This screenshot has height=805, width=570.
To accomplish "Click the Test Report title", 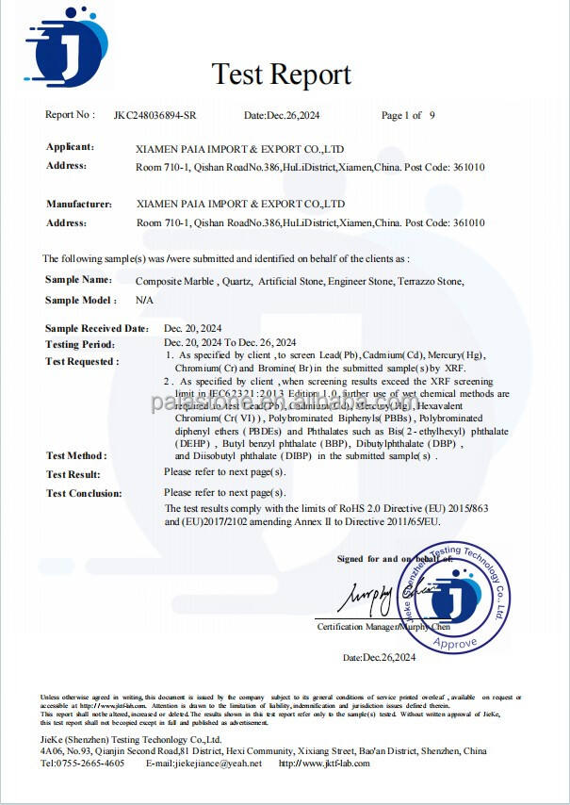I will click(x=281, y=74).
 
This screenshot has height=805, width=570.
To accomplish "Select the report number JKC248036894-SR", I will click(x=156, y=116).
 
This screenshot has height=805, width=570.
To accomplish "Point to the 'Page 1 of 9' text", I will click(x=408, y=116).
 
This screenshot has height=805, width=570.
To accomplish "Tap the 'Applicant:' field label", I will click(x=71, y=147).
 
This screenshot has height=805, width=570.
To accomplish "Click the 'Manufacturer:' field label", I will click(x=79, y=204).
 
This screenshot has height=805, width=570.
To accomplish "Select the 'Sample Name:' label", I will click(x=78, y=280).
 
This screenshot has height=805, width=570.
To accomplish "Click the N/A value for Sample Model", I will click(x=144, y=300).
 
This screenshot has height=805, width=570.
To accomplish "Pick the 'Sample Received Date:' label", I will click(x=96, y=328).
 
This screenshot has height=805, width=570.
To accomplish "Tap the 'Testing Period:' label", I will click(x=80, y=345).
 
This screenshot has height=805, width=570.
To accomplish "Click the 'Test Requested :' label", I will click(x=82, y=361).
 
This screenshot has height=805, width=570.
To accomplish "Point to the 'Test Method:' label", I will click(x=76, y=455).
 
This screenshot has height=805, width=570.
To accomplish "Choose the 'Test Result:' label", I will click(x=73, y=474).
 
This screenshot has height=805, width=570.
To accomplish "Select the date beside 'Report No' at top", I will click(x=281, y=116).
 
